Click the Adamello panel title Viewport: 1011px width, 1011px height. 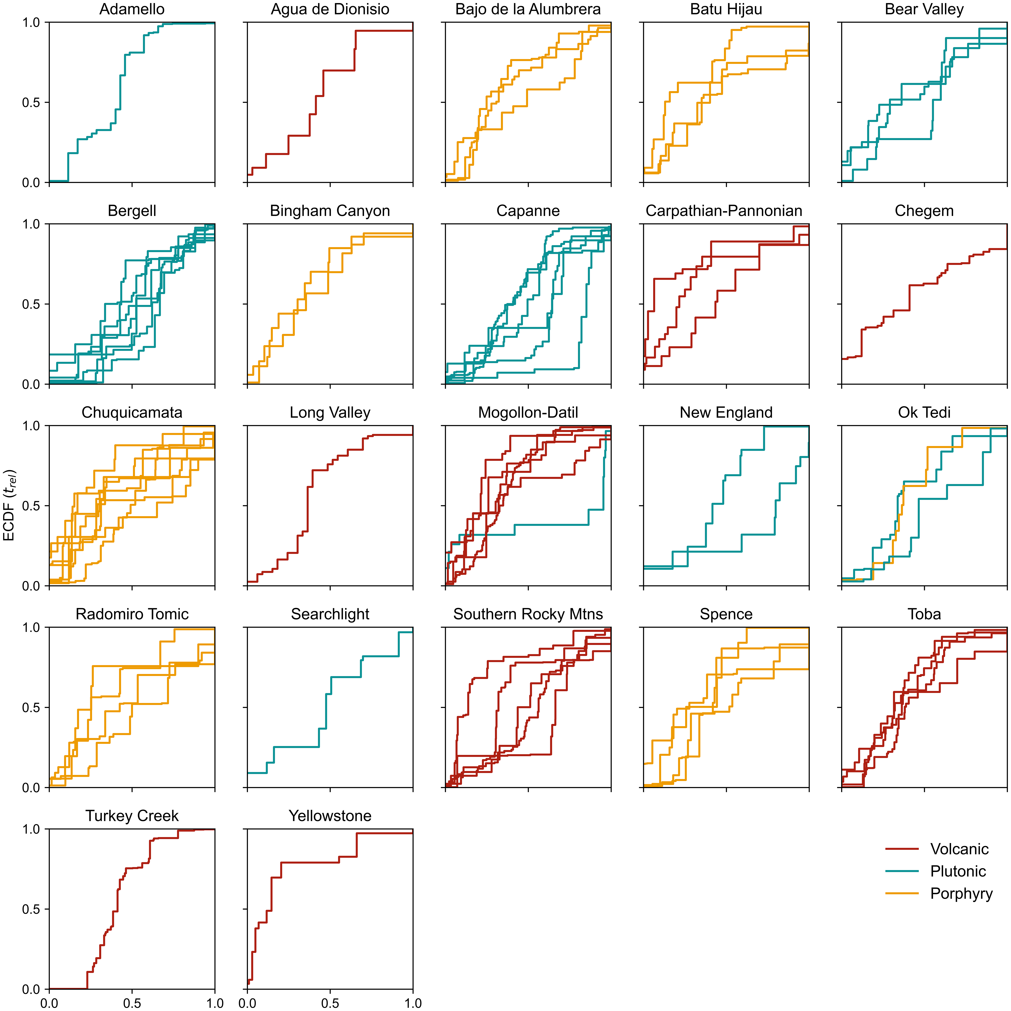click(132, 9)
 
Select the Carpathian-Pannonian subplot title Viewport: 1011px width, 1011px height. click(724, 211)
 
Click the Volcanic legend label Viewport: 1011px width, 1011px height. click(959, 849)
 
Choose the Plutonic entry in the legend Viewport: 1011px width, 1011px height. click(958, 871)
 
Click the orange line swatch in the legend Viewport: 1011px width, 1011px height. click(902, 893)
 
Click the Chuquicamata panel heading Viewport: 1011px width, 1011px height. click(132, 412)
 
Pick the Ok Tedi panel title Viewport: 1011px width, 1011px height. click(924, 412)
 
